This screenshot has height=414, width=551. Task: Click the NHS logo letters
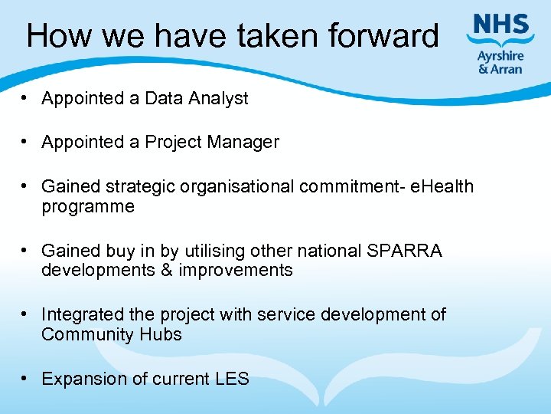pos(502,28)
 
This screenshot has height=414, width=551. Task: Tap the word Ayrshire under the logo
pos(500,55)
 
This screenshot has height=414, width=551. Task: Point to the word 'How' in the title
pos(56,36)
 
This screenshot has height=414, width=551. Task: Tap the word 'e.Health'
pos(442,186)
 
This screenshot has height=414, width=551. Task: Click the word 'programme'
pos(88,207)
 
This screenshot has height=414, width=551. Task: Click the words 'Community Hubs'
pos(112,334)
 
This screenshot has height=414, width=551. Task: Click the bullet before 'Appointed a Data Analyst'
pos(26,98)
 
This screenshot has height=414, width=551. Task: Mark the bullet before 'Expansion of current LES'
pos(26,379)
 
